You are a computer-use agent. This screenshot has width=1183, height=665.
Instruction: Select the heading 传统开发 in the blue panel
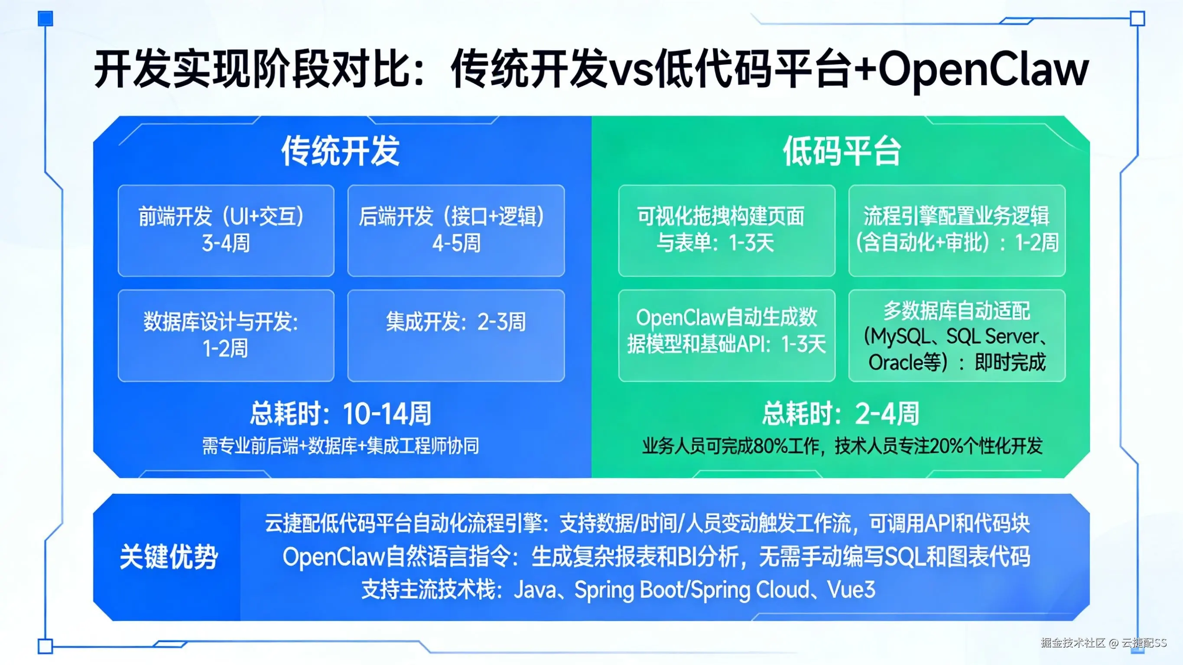click(x=340, y=151)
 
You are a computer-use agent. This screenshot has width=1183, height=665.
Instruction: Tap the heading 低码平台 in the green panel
click(x=842, y=151)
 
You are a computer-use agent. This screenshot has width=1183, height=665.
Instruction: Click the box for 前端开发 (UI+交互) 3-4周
click(x=225, y=230)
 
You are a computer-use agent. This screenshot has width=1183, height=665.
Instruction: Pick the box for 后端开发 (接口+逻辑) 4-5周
click(x=455, y=230)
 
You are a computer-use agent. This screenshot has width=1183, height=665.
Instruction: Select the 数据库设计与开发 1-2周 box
click(x=225, y=335)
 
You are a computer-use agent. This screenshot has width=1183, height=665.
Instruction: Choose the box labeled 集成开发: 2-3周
click(x=455, y=335)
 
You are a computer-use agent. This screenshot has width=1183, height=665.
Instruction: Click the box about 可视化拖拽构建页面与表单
click(x=726, y=230)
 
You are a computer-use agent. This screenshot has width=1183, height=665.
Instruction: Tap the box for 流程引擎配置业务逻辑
click(x=957, y=230)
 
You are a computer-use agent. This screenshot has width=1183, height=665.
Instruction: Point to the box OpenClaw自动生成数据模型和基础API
click(x=726, y=335)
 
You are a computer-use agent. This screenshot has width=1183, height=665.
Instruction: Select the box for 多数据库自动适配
click(x=957, y=335)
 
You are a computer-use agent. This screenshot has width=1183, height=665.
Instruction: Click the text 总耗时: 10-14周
click(x=340, y=413)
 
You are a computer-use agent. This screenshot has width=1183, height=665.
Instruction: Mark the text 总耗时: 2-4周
click(x=840, y=413)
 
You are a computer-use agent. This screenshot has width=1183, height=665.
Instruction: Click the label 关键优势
click(x=168, y=557)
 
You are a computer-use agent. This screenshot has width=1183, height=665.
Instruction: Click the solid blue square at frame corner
click(x=45, y=19)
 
